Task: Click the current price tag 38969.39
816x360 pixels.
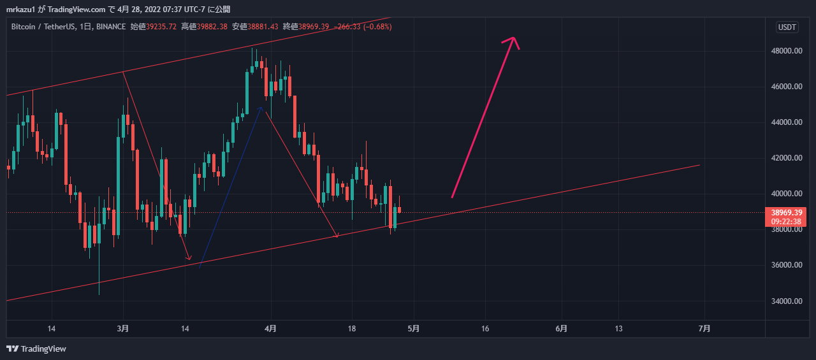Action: click(786, 212)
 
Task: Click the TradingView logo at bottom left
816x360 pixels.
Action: click(36, 349)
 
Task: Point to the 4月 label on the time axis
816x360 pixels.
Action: click(270, 329)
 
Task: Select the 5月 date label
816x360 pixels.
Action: click(413, 329)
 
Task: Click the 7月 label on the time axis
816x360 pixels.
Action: click(704, 329)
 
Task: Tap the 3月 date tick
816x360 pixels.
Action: click(124, 329)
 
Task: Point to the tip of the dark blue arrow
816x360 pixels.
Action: click(260, 108)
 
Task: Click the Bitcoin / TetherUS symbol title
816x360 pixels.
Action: click(43, 27)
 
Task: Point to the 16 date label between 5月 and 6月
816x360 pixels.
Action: click(485, 329)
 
